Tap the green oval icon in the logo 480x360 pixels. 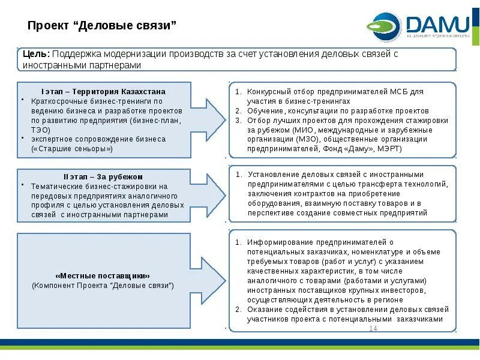[385, 26]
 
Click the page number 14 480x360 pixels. [373, 329]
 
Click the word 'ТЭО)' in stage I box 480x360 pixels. [41, 129]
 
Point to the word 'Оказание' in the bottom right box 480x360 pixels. [263, 309]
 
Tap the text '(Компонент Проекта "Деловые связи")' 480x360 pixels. [103, 285]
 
